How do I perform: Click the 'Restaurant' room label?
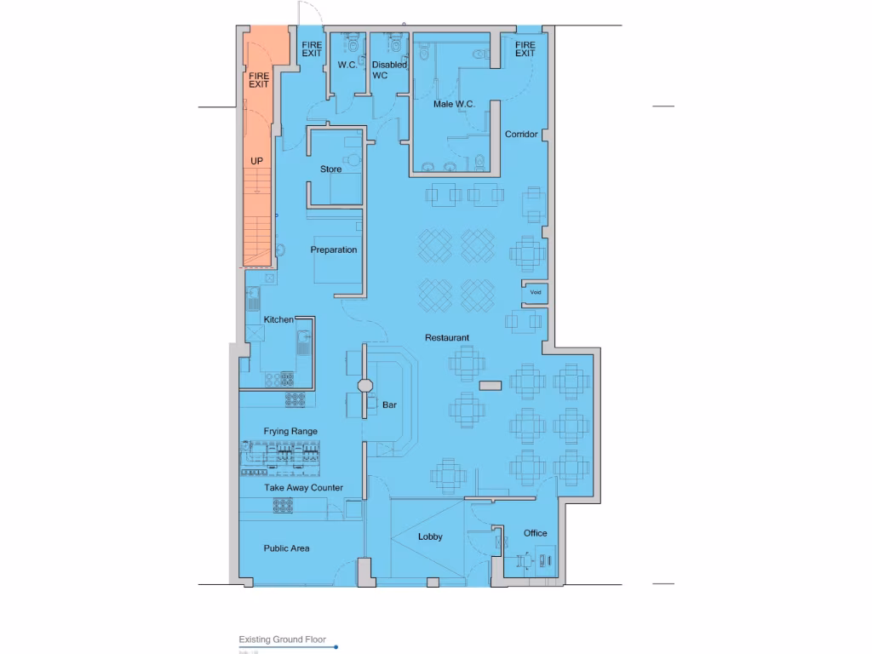447,338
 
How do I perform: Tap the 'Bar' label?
390,405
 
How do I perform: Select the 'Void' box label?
536,292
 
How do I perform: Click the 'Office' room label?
535,533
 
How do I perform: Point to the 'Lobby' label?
430,537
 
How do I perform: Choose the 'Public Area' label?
286,548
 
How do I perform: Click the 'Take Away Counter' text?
303,488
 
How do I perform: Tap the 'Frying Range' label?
290,432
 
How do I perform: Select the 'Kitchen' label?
278,319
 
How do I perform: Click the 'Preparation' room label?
333,250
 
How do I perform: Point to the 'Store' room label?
330,169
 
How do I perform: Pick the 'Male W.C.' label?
453,104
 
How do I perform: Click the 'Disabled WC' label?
389,70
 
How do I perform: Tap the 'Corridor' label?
521,135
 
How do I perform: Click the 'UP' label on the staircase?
256,160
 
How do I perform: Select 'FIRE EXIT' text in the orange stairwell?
259,80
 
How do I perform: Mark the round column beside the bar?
364,386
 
